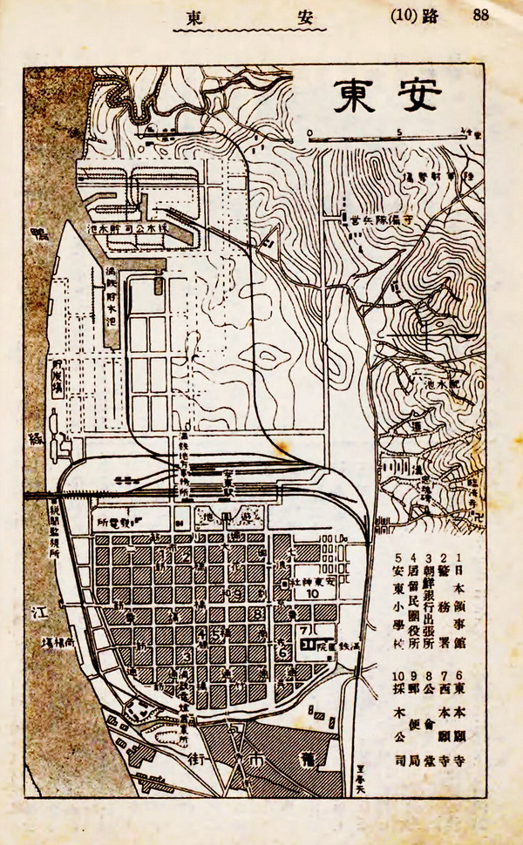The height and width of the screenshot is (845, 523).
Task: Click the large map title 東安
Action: coord(387,96)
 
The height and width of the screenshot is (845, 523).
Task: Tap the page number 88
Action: coord(481,15)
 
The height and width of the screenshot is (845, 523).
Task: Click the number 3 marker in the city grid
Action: coord(187,655)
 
